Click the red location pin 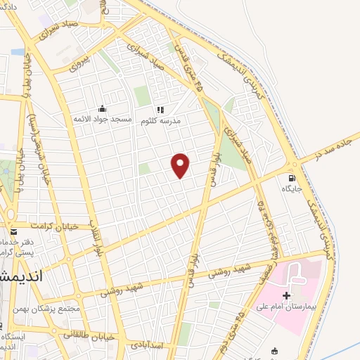pyautogui.click(x=181, y=165)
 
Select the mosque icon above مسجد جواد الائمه pyautogui.click(x=103, y=109)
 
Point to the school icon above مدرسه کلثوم pyautogui.click(x=160, y=110)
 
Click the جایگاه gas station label pyautogui.click(x=292, y=188)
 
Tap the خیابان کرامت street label pyautogui.click(x=50, y=226)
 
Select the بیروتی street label pyautogui.click(x=80, y=62)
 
